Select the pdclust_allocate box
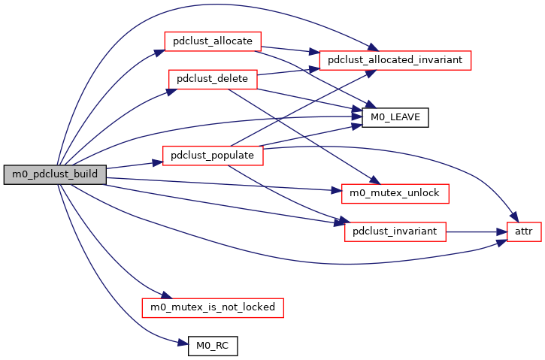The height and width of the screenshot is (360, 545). pos(213,41)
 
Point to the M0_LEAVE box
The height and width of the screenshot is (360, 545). pos(395,117)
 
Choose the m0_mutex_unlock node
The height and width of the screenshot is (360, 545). pos(395,193)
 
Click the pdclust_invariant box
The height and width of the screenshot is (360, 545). pos(395,231)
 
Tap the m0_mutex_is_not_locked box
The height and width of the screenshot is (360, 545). pos(213,307)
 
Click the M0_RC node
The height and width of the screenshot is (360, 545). pos(213,346)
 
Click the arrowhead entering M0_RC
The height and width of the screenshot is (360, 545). pos(183,344)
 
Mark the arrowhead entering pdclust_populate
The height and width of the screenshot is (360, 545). pos(159,162)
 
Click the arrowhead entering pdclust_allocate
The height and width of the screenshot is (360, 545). pos(159,51)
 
